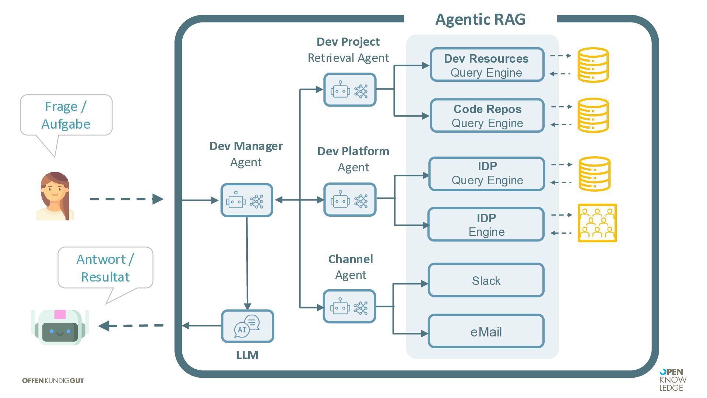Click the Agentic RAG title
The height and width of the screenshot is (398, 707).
(x=480, y=19)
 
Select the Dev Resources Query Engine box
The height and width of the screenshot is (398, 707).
(x=487, y=65)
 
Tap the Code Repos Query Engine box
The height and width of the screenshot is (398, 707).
(x=487, y=116)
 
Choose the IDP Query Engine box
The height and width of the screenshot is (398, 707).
(x=487, y=174)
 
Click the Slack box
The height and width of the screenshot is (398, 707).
(x=486, y=280)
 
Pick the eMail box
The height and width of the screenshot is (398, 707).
(x=486, y=331)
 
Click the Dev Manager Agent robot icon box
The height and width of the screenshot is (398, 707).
(x=246, y=200)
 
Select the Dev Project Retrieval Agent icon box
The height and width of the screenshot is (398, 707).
(x=350, y=90)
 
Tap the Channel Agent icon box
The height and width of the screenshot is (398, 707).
(x=349, y=307)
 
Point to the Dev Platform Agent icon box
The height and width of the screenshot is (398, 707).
(x=350, y=200)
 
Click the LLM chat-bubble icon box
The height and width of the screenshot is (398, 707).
(x=247, y=326)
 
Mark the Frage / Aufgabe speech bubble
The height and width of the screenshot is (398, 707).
(x=66, y=115)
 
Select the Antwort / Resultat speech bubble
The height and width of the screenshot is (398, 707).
(x=105, y=268)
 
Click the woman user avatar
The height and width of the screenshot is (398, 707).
(x=55, y=196)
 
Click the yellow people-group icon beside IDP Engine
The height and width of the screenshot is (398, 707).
(x=597, y=223)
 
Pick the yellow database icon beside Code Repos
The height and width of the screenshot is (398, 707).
(x=593, y=115)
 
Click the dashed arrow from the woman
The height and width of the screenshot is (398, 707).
(x=126, y=199)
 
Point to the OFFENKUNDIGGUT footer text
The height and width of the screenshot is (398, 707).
(x=53, y=381)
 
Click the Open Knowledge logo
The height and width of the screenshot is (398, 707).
(x=672, y=380)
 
